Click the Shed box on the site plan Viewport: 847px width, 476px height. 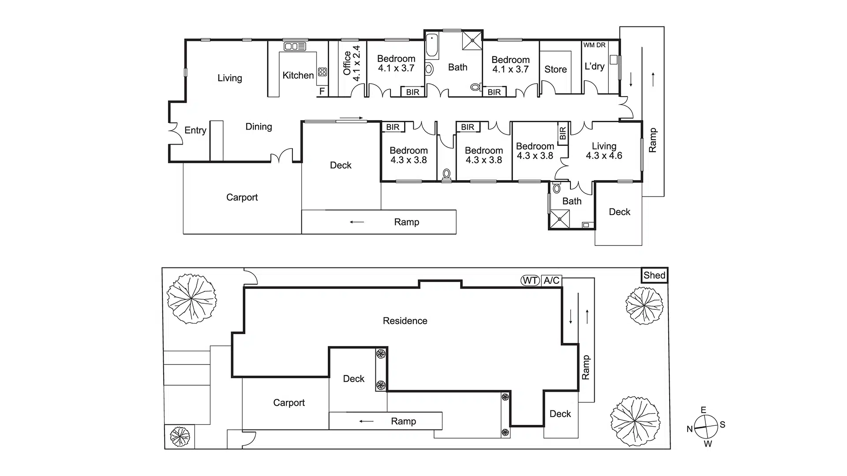pyautogui.click(x=654, y=275)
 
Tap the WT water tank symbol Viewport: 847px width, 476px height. pyautogui.click(x=530, y=280)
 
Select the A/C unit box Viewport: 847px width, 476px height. pyautogui.click(x=551, y=280)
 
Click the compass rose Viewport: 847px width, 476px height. pyautogui.click(x=705, y=427)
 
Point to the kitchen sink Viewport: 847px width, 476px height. pyautogui.click(x=295, y=46)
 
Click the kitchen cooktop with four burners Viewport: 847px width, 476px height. pyautogui.click(x=322, y=72)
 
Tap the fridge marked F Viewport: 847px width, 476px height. pyautogui.click(x=322, y=91)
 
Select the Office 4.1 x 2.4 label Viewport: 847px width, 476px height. pyautogui.click(x=352, y=63)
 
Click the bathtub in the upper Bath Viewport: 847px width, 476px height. pyautogui.click(x=432, y=46)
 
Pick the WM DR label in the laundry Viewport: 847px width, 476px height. pyautogui.click(x=594, y=45)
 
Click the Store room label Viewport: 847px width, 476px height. pyautogui.click(x=555, y=69)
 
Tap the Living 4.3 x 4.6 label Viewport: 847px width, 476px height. pyautogui.click(x=604, y=151)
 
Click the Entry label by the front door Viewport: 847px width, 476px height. pyautogui.click(x=195, y=130)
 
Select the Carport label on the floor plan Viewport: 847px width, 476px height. pyautogui.click(x=242, y=197)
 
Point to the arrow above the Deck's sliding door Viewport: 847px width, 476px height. pyautogui.click(x=351, y=118)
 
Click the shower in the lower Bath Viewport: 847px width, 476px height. pyautogui.click(x=559, y=219)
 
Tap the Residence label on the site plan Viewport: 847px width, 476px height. pyautogui.click(x=405, y=321)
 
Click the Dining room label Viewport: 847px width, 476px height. pyautogui.click(x=259, y=127)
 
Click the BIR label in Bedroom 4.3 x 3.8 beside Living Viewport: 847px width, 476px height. pyautogui.click(x=562, y=133)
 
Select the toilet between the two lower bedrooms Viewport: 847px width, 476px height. pyautogui.click(x=446, y=174)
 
